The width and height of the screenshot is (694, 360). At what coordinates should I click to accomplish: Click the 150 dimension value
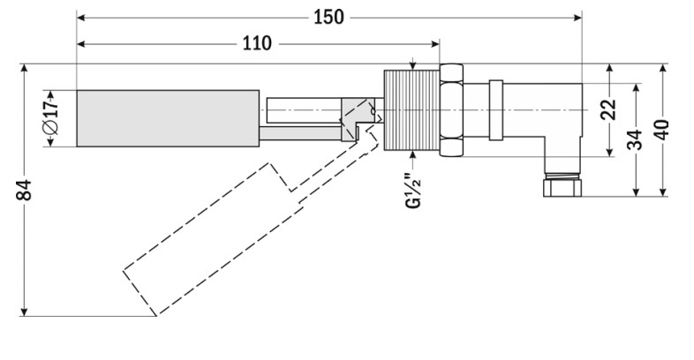coord(328,18)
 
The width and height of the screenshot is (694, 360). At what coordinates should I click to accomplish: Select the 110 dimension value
coord(257,44)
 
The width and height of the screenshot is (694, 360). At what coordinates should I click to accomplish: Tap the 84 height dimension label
coord(25,190)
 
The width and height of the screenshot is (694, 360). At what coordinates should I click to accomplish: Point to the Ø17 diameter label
coord(50,117)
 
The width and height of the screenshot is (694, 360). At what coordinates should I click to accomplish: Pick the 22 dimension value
coord(608,109)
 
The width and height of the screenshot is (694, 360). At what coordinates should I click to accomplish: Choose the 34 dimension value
coord(635,139)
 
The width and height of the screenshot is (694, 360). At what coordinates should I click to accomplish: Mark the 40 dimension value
coord(661,130)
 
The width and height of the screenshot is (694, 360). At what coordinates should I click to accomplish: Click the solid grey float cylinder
coord(168,118)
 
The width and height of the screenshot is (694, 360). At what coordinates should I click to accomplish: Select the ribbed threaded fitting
coord(411,110)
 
